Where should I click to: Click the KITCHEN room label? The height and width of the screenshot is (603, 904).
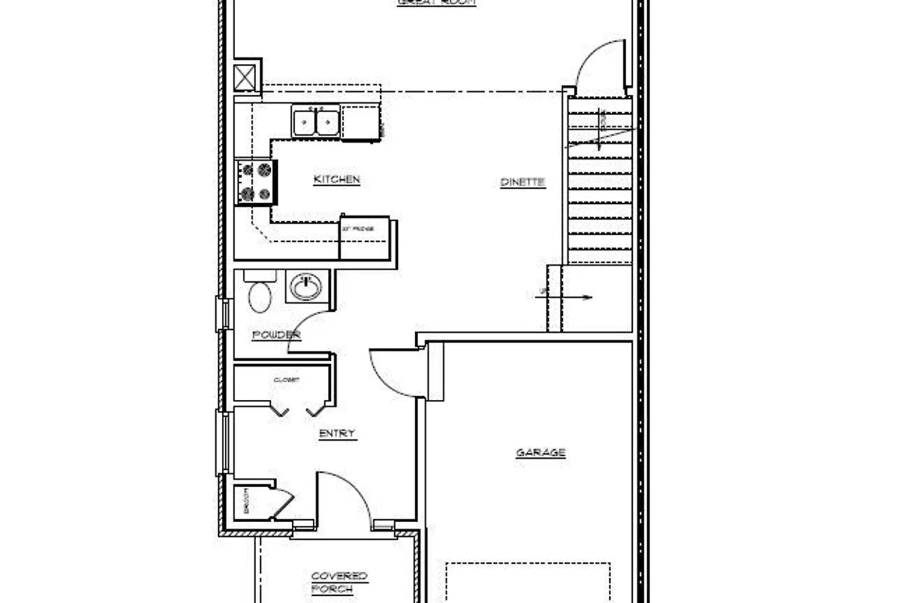point(337,179)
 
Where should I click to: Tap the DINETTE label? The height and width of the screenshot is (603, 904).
point(523,182)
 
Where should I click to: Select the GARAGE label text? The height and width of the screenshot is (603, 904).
point(541,452)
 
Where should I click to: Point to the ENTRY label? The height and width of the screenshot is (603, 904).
point(337,434)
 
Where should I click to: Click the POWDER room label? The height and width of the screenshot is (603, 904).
point(276,335)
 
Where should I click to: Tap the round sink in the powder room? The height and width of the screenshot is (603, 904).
point(308,286)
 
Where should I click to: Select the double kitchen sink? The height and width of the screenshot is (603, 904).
point(316,121)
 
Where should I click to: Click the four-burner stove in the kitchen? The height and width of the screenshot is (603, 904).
point(256,182)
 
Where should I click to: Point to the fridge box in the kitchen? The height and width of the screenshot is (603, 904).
point(363,237)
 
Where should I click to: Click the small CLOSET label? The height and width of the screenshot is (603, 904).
point(286,380)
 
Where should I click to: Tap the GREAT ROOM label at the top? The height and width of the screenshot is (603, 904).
point(437,2)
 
